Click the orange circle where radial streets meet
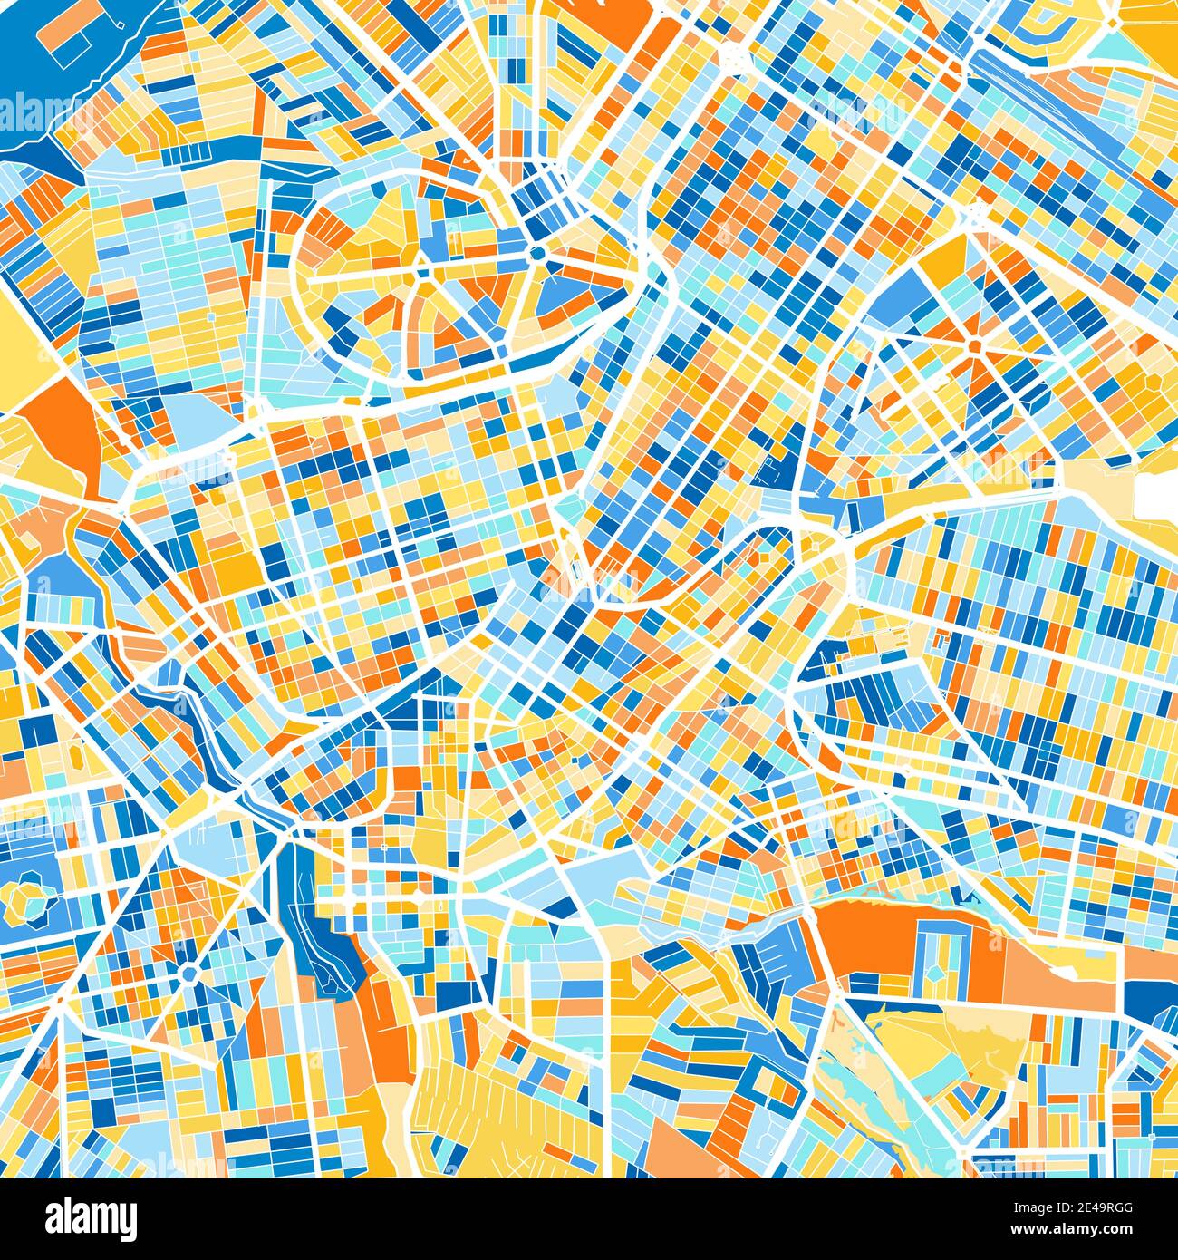click(974, 345)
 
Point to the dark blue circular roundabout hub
click(536, 253)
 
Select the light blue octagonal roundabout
click(188, 974)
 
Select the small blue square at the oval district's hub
click(420, 270)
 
